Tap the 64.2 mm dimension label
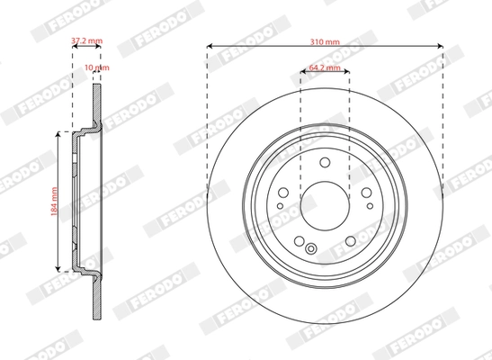(325, 67)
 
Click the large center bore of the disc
(325, 198)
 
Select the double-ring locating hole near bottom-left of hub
(311, 249)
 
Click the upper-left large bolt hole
(284, 191)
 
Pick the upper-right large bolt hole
(365, 191)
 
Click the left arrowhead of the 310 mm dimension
(209, 46)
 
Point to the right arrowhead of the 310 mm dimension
(442, 46)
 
